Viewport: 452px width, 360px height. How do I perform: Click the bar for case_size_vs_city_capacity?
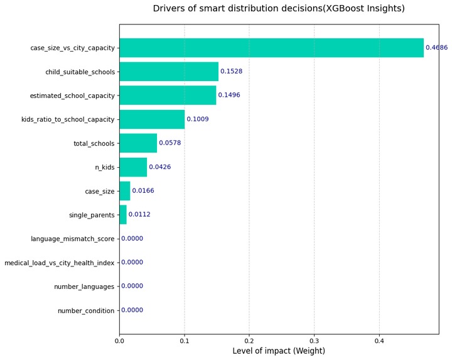point(272,48)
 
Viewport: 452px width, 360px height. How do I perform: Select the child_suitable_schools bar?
point(169,72)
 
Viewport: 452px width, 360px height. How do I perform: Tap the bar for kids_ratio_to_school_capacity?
point(152,119)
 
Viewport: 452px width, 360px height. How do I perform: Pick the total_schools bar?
point(138,143)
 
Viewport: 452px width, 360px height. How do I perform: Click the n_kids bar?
point(133,167)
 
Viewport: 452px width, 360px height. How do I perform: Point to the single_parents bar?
point(123,215)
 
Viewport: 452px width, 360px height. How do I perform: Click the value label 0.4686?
point(437,47)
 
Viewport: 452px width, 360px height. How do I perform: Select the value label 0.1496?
point(229,95)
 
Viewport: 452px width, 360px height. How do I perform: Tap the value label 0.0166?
point(143,190)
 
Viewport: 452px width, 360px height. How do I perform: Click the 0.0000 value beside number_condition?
point(132,310)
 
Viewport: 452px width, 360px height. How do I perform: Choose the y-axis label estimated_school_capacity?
point(72,95)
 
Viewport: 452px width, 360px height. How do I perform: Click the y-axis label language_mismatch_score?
point(73,239)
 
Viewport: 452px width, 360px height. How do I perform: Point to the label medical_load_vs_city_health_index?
point(60,263)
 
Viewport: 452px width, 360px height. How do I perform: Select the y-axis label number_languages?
point(84,286)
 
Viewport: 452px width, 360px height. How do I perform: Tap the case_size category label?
point(100,192)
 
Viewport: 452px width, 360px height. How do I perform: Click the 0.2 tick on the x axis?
point(249,341)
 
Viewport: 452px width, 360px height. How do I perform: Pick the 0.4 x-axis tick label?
point(379,341)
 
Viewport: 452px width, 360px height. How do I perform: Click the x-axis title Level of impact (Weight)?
point(279,351)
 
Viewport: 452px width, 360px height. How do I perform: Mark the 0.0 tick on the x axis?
point(119,341)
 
